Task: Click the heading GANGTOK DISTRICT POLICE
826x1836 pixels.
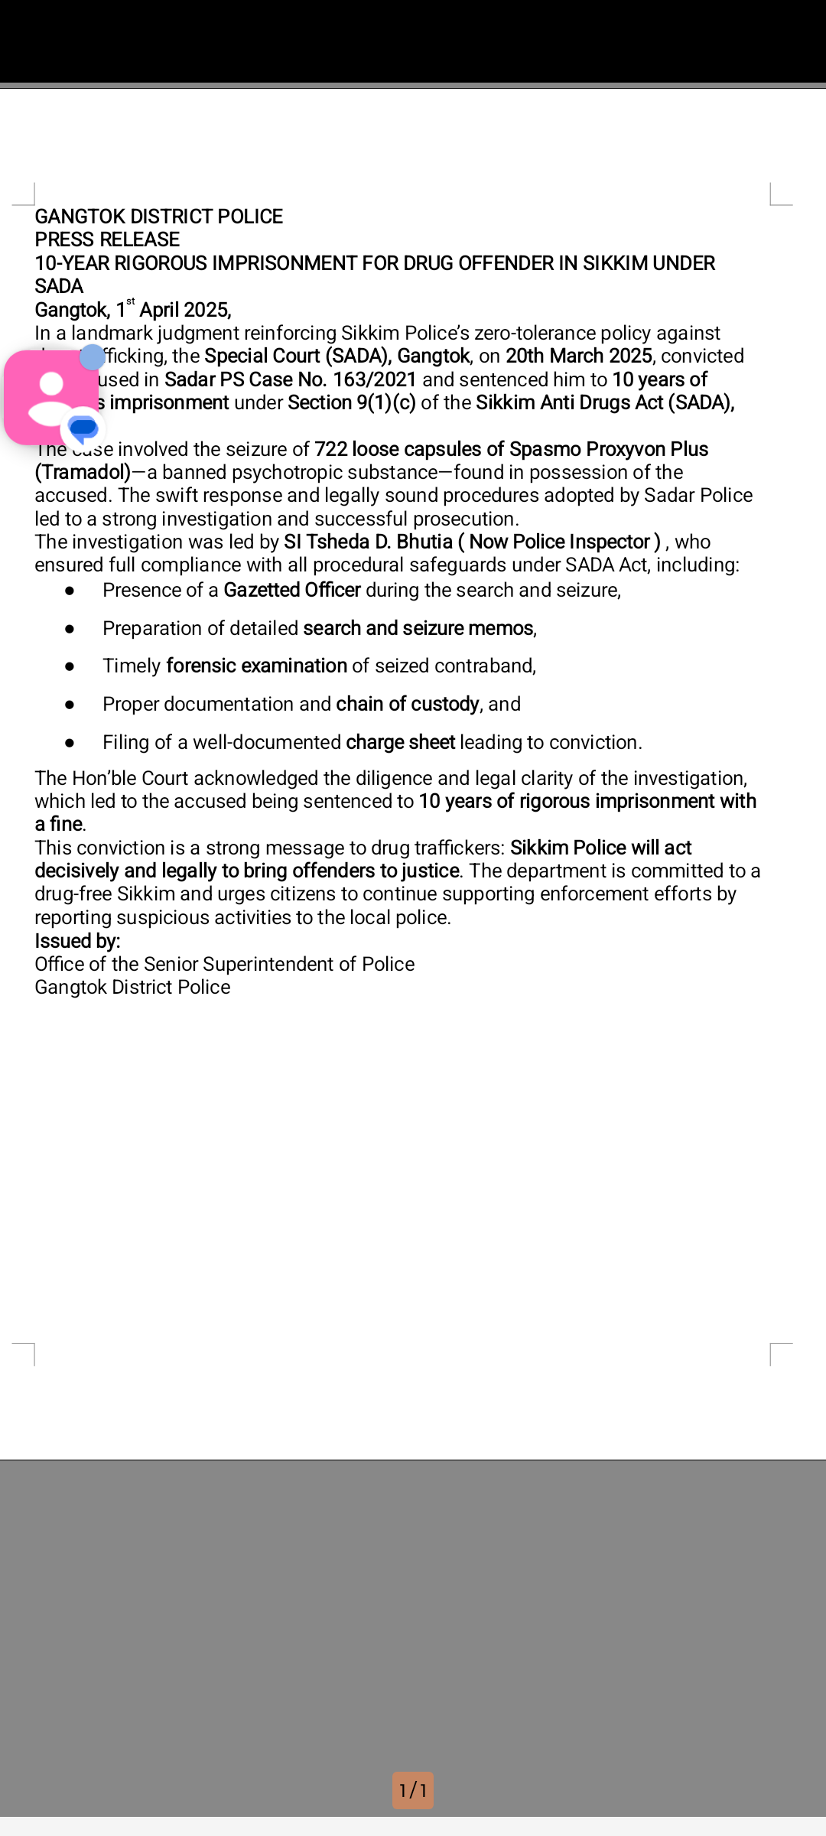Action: [158, 216]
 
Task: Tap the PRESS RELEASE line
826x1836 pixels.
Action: [107, 239]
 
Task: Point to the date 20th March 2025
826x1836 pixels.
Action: [578, 356]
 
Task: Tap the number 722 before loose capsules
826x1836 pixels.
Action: [330, 449]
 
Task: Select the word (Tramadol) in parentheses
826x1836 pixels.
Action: [83, 472]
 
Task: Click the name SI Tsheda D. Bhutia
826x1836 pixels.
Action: [368, 542]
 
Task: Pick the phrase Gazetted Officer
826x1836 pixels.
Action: [291, 590]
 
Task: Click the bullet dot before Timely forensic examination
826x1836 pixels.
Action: [70, 666]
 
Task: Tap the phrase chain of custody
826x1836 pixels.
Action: [407, 704]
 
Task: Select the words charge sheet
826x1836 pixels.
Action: [400, 742]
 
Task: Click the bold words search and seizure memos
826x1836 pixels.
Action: [418, 628]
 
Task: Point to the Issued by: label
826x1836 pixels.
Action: [77, 941]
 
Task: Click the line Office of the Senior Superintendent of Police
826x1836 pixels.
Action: [224, 964]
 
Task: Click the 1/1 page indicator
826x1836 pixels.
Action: [413, 1790]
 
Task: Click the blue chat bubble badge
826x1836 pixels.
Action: [82, 428]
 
